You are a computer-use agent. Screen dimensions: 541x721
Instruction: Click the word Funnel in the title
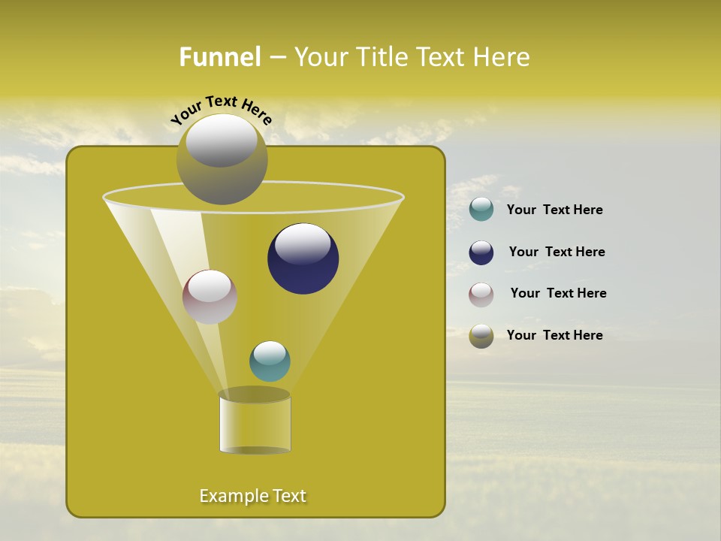point(220,57)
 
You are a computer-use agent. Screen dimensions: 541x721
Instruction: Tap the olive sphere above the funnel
point(222,159)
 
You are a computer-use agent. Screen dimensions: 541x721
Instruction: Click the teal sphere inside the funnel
point(270,361)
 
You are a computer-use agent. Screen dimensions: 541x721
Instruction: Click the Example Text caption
point(253,496)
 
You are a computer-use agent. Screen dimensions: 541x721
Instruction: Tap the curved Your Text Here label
point(221,110)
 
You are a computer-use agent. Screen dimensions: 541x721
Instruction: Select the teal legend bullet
point(481,210)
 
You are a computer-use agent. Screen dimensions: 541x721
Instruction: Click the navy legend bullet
point(481,252)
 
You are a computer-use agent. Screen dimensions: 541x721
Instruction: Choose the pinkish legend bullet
point(481,294)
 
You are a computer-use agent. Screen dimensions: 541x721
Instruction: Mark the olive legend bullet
point(481,336)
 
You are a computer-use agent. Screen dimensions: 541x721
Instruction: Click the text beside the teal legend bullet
point(554,210)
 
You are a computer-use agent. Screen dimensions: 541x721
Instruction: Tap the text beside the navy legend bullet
point(557,252)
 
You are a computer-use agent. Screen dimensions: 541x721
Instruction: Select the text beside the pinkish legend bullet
point(558,293)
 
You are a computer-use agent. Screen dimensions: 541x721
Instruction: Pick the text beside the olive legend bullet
point(554,335)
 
